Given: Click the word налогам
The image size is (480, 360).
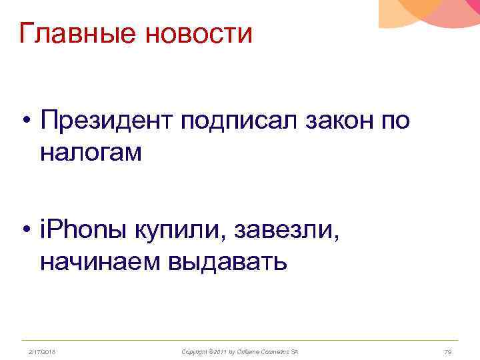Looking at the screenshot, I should pyautogui.click(x=91, y=153).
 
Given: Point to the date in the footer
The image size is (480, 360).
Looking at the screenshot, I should pyautogui.click(x=41, y=351).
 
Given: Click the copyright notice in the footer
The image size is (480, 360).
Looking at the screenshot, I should pyautogui.click(x=239, y=351).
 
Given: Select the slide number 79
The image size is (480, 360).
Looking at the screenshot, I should pyautogui.click(x=448, y=351).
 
